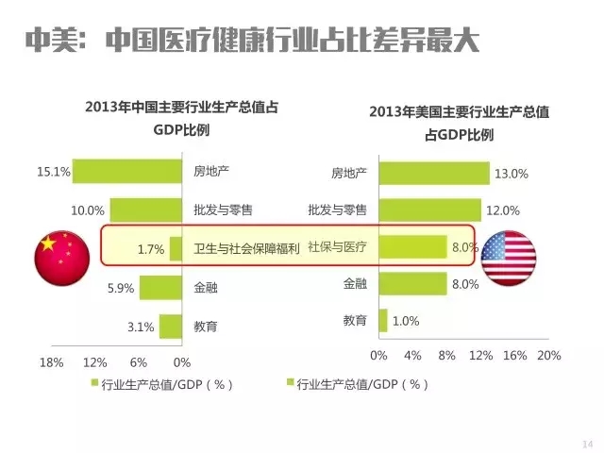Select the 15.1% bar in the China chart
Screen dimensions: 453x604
tap(126, 172)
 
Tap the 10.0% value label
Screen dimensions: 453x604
tap(87, 210)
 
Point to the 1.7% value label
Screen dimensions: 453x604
tap(151, 250)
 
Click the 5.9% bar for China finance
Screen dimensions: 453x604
tap(160, 288)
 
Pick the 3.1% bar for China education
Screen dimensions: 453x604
tap(170, 327)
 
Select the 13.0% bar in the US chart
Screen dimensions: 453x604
tap(434, 174)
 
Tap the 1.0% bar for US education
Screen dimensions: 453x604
tap(382, 321)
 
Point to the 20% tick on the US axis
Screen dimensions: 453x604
tap(549, 356)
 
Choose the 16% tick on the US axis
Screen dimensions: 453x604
tap(514, 356)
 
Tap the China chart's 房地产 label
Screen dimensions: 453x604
tap(211, 172)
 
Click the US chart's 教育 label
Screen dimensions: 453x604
tap(355, 321)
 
